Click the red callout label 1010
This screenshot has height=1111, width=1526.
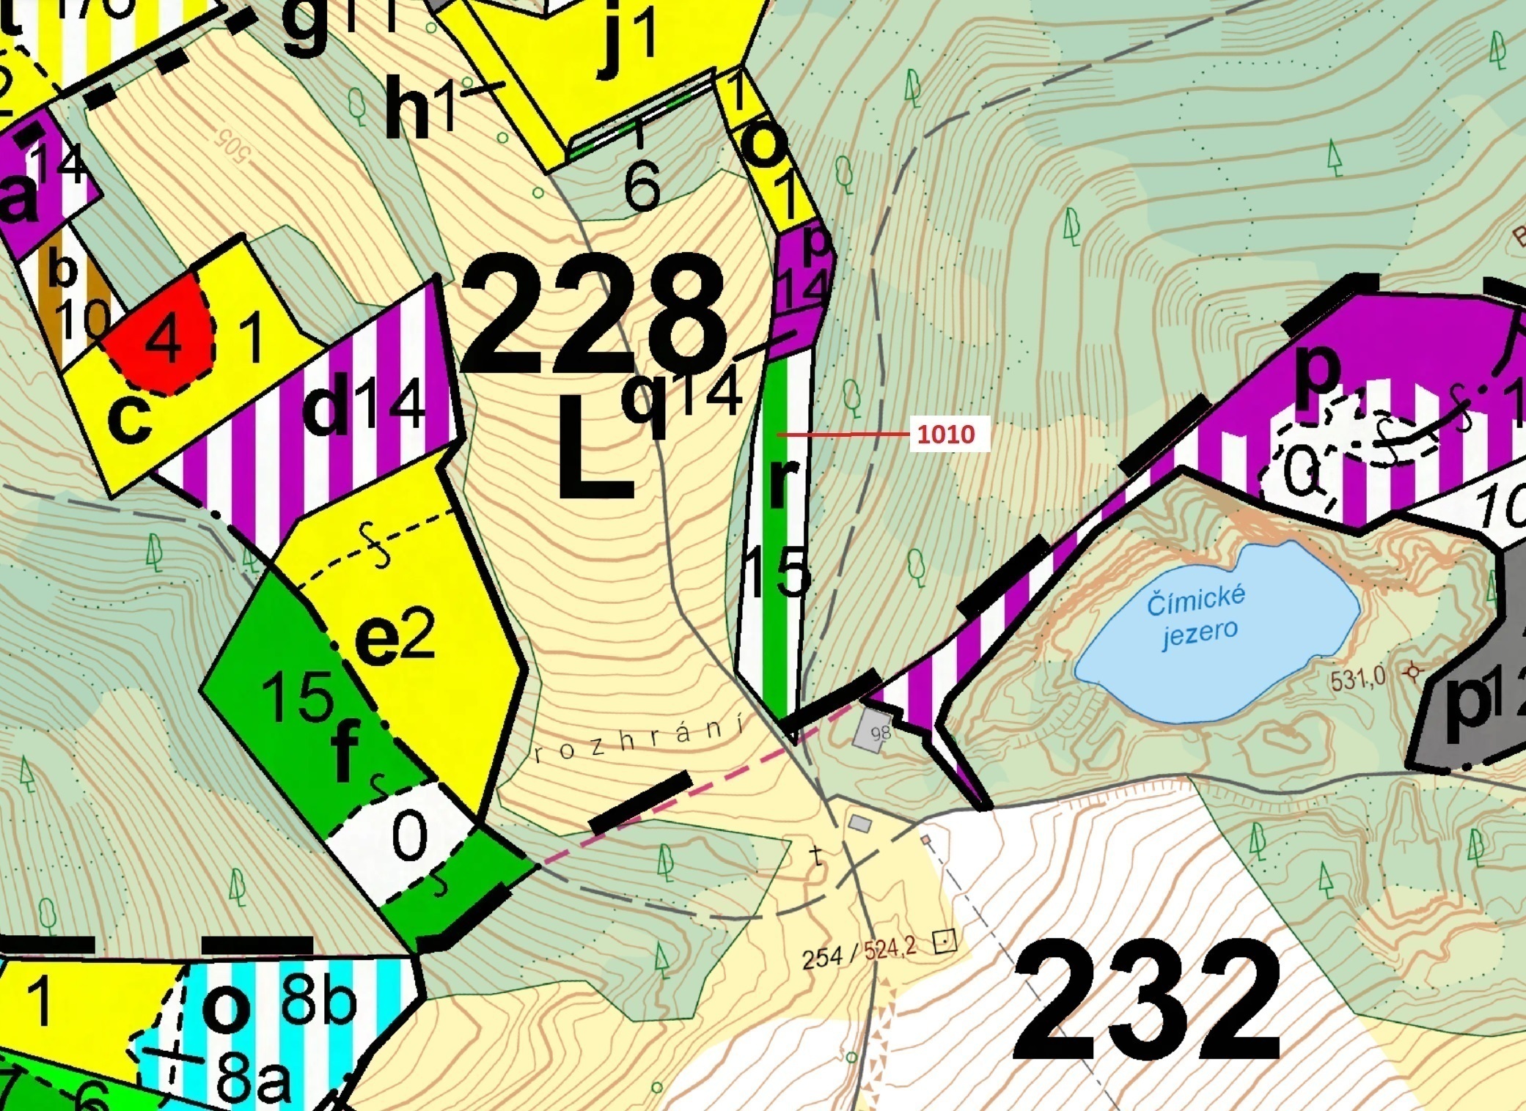946,435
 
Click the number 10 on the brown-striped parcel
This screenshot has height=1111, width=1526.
81,320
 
